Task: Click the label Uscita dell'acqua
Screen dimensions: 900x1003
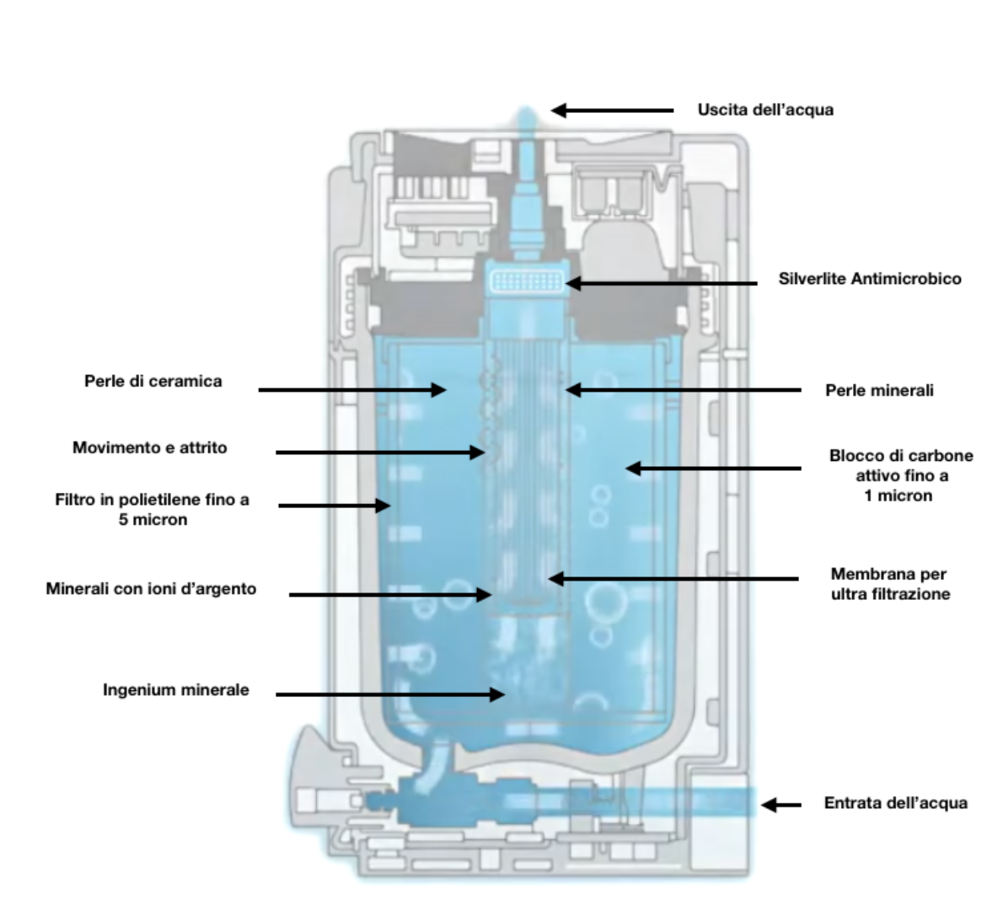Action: click(x=765, y=110)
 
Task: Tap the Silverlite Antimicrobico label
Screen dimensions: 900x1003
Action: click(x=869, y=278)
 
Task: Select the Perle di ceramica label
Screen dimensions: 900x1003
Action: click(x=153, y=381)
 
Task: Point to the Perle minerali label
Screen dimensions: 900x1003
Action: click(x=879, y=390)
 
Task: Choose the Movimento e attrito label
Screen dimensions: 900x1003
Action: click(x=150, y=447)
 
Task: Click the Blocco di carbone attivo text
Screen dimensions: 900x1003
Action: click(x=901, y=466)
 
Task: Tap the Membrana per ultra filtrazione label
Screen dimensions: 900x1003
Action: click(x=890, y=584)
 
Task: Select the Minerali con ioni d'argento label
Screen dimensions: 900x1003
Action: click(x=151, y=588)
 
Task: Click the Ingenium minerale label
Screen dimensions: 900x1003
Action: click(x=176, y=689)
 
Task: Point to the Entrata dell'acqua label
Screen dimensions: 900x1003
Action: click(x=895, y=803)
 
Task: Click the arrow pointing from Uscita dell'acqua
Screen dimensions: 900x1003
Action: click(x=613, y=110)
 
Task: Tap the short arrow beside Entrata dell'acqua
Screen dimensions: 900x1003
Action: click(x=781, y=805)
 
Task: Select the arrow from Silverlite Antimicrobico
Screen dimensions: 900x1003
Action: click(x=661, y=283)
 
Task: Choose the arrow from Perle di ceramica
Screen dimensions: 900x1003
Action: click(x=351, y=389)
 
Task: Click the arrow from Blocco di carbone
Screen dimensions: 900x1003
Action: click(x=713, y=468)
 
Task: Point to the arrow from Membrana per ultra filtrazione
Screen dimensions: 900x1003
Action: click(x=673, y=579)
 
